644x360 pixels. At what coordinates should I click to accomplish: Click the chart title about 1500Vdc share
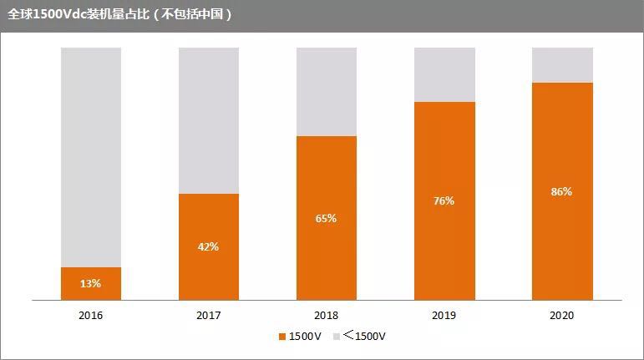[119, 15]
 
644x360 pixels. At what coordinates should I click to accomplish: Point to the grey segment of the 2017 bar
[209, 120]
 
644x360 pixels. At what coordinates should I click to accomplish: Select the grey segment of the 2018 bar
[327, 91]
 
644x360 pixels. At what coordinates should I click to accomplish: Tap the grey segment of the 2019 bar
[444, 74]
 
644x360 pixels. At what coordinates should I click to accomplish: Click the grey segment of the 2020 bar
[562, 64]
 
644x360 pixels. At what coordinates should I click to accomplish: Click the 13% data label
[91, 284]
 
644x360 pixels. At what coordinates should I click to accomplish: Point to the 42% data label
[209, 246]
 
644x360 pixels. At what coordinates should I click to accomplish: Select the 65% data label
[327, 219]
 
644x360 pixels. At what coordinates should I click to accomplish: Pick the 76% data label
[444, 201]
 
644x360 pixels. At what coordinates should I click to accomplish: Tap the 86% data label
[562, 191]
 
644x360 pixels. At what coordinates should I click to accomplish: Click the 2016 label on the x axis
[91, 317]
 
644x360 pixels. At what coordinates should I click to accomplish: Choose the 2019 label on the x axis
[444, 317]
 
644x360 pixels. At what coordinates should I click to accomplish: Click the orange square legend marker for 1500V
[282, 337]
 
